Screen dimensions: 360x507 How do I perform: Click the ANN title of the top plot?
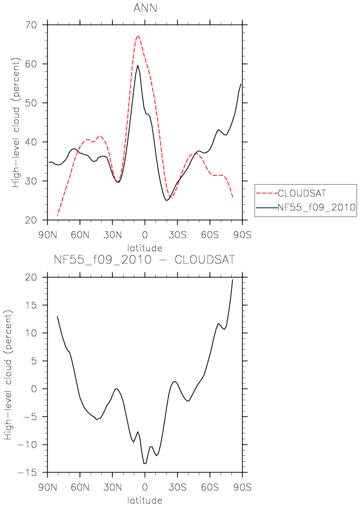(x=145, y=8)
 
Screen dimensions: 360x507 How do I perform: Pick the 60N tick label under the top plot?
(x=80, y=235)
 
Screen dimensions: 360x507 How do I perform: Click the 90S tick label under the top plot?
(x=242, y=235)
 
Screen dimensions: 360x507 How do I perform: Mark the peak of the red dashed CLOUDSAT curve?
(x=138, y=35)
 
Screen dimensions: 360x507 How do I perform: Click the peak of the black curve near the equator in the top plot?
(x=138, y=65)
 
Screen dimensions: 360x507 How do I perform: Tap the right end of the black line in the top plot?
(x=241, y=84)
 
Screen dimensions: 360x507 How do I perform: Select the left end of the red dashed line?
(x=57, y=215)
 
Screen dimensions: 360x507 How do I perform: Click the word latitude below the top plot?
(x=145, y=248)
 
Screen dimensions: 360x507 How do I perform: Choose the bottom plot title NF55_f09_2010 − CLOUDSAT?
(x=144, y=260)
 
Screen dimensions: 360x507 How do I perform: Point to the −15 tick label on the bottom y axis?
(x=30, y=472)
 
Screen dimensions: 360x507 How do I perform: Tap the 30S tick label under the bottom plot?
(x=177, y=487)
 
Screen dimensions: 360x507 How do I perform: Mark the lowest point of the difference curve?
(x=145, y=463)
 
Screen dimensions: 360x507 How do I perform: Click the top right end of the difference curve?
(x=232, y=280)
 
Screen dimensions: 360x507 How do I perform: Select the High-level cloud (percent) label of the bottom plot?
(x=8, y=375)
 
